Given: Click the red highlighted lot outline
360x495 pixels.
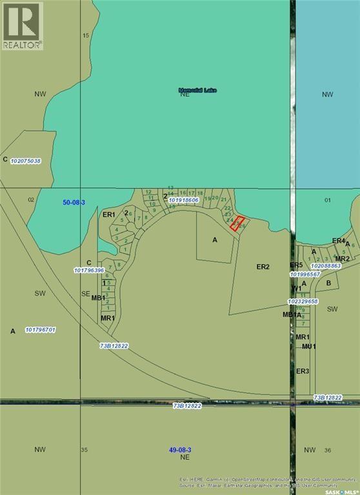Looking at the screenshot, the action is coord(237,224).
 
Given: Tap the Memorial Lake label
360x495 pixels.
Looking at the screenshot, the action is coord(197,90).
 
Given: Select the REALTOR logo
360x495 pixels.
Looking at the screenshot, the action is coord(22,26).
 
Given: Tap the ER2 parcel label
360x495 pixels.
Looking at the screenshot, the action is coord(263,266).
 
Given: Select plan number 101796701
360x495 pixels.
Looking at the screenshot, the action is coord(41,330).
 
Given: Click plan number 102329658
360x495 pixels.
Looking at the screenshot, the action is coord(304,301).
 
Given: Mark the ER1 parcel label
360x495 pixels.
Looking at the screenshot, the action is coord(109,215).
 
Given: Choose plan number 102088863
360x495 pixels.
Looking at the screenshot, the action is coord(325,266).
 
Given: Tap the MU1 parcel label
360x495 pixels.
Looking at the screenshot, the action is coord(308,347).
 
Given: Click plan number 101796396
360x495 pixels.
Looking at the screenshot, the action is coord(90,270).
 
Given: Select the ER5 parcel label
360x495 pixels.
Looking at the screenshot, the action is coord(296,266).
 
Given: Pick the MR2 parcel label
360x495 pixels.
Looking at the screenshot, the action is coord(342,258).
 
